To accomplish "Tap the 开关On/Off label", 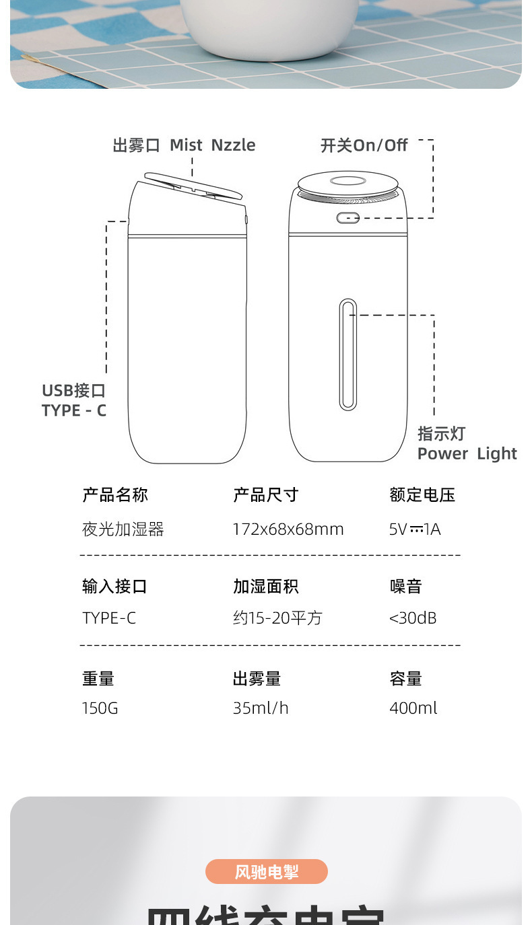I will pos(364,145).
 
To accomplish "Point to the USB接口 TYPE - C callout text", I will pos(74,400).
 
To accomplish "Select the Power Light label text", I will pos(467,453).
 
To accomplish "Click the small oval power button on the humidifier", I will pos(347,218).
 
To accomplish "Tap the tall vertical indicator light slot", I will pos(347,355).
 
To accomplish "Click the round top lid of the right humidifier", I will pos(347,182).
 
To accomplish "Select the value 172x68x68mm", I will pos(288,529).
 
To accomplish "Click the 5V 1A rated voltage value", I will pos(415,529).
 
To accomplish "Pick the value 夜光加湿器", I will pos(123,529).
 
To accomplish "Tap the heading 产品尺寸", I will pos(265,495).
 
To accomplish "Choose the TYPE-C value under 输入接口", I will pos(109,618).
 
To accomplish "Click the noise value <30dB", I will pos(413,618).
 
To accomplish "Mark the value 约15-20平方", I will pos(277,618).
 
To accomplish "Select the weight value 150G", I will pos(100,708).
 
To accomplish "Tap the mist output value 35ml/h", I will pos(261,708).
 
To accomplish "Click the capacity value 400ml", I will pos(413,708).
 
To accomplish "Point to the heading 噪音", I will pos(406,587).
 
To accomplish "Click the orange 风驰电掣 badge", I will pos(267,872).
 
